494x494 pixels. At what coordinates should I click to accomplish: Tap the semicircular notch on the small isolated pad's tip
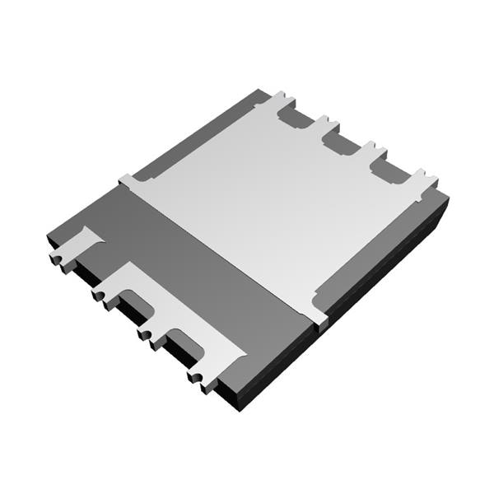[x=55, y=259]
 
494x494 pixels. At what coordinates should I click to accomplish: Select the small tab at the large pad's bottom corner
[x=321, y=319]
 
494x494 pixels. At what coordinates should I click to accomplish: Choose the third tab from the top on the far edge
[x=372, y=150]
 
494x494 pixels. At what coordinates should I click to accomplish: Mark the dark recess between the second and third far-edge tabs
[x=338, y=144]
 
